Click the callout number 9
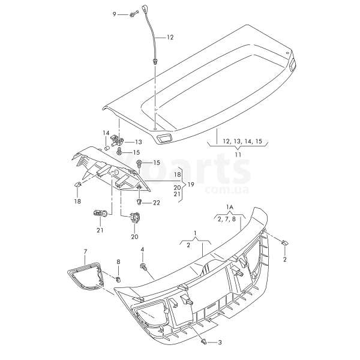[115, 14]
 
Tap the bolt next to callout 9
[134, 14]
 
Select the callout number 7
[85, 251]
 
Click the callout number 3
[220, 343]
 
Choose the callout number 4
[142, 250]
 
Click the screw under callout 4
[143, 267]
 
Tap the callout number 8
[118, 262]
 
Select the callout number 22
[157, 203]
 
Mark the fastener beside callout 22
[139, 202]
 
